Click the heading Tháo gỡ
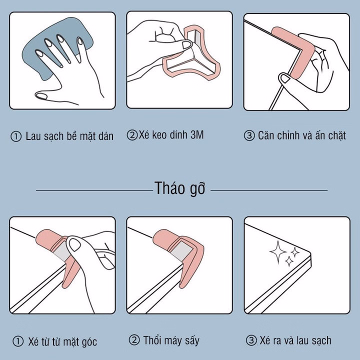click(180, 188)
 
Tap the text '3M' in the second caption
click(197, 135)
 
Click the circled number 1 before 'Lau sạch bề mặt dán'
click(16, 136)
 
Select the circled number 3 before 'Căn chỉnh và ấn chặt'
click(249, 135)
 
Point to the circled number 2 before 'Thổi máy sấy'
click(134, 340)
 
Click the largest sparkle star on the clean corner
click(278, 252)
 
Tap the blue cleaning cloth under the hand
click(57, 46)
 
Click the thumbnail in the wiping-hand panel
click(41, 95)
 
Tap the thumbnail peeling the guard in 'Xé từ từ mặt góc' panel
click(74, 244)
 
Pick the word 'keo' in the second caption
click(160, 135)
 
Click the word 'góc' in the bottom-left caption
click(88, 342)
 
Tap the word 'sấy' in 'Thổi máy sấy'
click(192, 340)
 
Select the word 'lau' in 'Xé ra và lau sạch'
click(302, 340)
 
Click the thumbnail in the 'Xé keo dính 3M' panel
click(186, 45)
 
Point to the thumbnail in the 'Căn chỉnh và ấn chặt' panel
click(284, 78)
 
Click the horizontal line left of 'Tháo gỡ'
click(94, 190)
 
